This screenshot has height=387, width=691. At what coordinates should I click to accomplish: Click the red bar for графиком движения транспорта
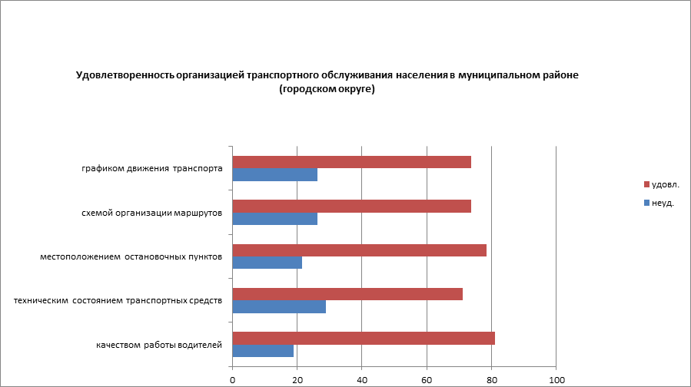tap(351, 162)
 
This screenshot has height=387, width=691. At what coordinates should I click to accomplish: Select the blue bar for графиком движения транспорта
tap(274, 175)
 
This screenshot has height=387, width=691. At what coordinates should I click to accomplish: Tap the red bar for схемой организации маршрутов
tap(351, 206)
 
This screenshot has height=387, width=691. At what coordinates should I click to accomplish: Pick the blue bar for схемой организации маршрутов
tap(274, 219)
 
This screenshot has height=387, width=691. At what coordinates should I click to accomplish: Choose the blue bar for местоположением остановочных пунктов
tap(267, 263)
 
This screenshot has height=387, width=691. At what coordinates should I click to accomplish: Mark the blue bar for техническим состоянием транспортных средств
tap(279, 307)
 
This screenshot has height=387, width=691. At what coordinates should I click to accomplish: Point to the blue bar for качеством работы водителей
tap(263, 351)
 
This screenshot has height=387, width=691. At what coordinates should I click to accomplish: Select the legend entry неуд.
tap(662, 203)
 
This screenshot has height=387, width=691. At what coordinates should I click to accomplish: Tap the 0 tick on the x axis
tap(232, 379)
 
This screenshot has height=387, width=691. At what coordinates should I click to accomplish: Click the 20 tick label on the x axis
tap(297, 379)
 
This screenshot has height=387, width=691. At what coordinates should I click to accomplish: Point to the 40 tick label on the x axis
tap(362, 379)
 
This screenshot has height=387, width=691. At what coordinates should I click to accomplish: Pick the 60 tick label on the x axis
tap(427, 379)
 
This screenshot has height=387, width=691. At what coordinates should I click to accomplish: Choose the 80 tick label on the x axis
tap(492, 379)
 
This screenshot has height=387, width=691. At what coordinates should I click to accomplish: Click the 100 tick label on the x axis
tap(556, 379)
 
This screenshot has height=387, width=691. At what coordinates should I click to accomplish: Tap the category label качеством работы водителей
tap(159, 345)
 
